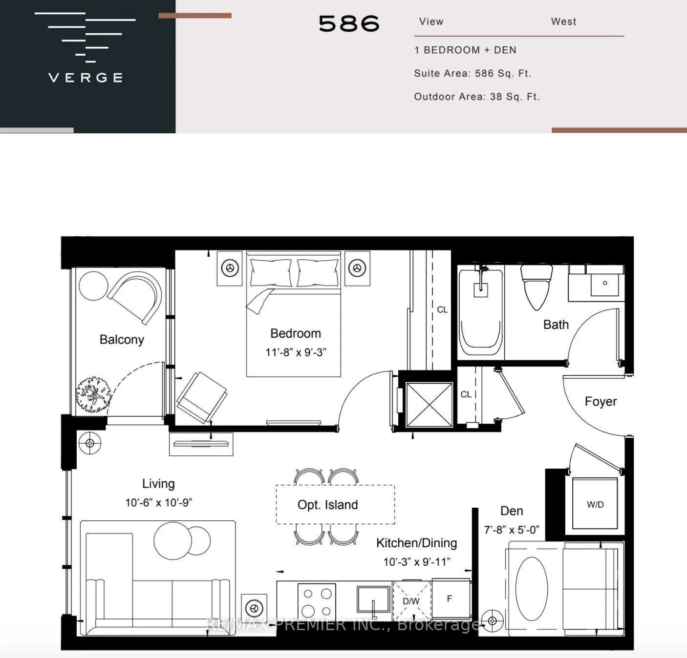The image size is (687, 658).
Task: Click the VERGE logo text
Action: pos(86,78)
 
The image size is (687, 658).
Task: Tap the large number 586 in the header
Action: pos(349,23)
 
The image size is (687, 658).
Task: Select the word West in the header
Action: pos(563,21)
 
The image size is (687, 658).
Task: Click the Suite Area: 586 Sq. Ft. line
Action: pos(472,74)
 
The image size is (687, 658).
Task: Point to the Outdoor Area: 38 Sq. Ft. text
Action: pos(476,97)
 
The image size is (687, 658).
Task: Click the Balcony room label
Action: pos(122,340)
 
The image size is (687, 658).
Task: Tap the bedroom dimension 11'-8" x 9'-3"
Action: pos(296,352)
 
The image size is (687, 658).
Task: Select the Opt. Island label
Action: pos(328,505)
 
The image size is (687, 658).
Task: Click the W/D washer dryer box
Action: pos(595,504)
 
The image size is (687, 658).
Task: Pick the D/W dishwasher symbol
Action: pos(411,601)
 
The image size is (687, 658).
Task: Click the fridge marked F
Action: pos(450,599)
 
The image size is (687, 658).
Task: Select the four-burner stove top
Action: pos(317,602)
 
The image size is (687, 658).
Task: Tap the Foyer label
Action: pos(601,402)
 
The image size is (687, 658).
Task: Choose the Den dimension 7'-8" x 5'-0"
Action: pos(512,530)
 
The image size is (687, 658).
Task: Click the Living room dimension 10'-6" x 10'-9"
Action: pos(158,502)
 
